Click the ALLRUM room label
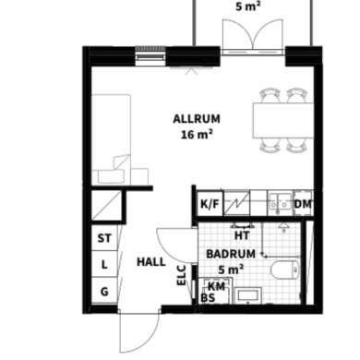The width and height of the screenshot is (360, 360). click(197, 119)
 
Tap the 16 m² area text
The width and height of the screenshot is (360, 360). click(197, 134)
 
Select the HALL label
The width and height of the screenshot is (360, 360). click(151, 262)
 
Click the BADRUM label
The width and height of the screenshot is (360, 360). click(231, 254)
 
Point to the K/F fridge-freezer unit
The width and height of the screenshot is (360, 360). click(210, 204)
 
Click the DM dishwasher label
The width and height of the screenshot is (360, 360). click(303, 204)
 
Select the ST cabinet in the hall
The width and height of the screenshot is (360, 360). click(104, 238)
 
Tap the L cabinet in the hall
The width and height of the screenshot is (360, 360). click(104, 264)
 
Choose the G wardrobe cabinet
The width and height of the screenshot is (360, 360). click(104, 291)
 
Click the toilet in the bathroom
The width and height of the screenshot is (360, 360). click(285, 270)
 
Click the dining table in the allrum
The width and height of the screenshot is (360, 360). click(283, 120)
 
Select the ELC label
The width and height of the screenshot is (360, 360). click(181, 275)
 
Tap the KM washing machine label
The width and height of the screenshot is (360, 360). click(216, 286)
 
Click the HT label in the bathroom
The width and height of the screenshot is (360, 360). click(242, 235)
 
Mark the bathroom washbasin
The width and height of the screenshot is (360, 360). click(248, 295)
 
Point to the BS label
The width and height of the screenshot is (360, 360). click(208, 298)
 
